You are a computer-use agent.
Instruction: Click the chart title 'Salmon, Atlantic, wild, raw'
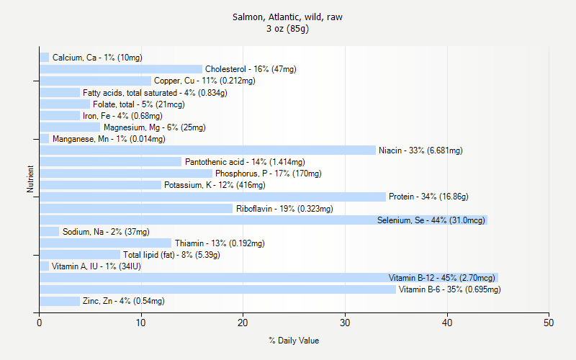pyautogui.click(x=287, y=17)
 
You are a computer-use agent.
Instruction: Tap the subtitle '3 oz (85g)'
pyautogui.click(x=287, y=29)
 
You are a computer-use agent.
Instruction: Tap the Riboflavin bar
pyautogui.click(x=136, y=208)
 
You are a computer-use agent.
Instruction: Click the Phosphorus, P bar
pyautogui.click(x=126, y=174)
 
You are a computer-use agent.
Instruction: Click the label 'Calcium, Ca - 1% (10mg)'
pyautogui.click(x=97, y=58)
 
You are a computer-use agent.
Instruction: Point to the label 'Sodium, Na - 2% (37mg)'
pyautogui.click(x=106, y=232)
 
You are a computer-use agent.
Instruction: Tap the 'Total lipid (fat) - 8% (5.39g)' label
pyautogui.click(x=171, y=255)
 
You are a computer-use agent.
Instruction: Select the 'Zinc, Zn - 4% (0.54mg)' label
pyautogui.click(x=123, y=301)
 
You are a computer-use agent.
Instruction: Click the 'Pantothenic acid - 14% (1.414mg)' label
pyautogui.click(x=245, y=162)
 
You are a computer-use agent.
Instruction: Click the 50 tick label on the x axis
pyautogui.click(x=549, y=323)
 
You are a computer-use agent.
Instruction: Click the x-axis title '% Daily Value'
pyautogui.click(x=294, y=341)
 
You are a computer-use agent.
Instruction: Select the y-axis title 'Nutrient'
pyautogui.click(x=30, y=179)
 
